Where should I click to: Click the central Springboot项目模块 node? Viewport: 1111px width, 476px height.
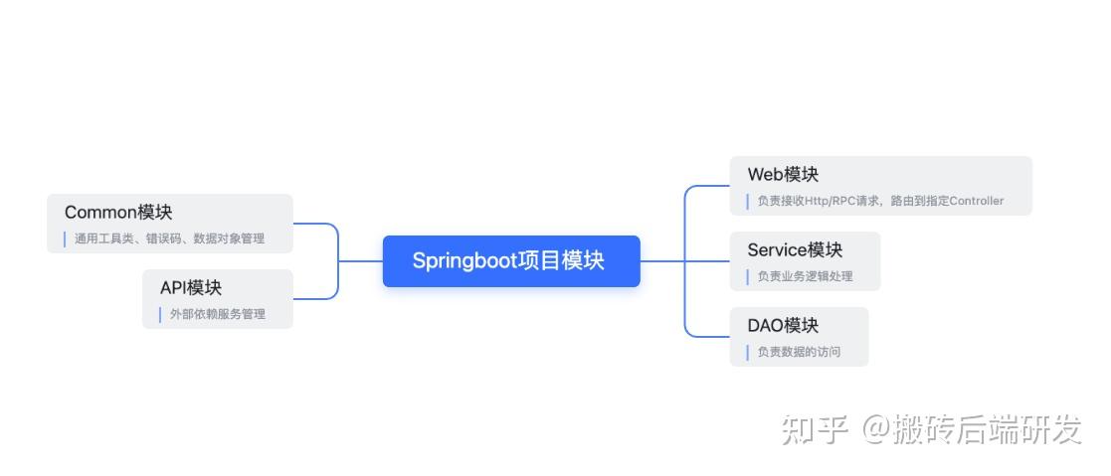[x=510, y=261]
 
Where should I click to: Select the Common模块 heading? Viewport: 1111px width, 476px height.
[x=117, y=212]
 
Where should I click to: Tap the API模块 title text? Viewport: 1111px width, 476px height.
[x=190, y=287]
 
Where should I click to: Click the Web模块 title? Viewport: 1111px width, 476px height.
[x=783, y=174]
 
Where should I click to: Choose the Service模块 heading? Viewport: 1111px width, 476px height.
[x=794, y=249]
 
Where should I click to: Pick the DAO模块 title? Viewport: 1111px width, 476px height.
[x=783, y=325]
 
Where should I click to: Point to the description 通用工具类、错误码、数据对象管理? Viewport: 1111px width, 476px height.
[x=169, y=238]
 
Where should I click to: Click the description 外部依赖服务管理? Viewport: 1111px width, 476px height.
[x=217, y=314]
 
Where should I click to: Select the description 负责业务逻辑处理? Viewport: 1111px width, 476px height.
[x=805, y=276]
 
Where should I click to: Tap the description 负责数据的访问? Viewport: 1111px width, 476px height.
[x=799, y=352]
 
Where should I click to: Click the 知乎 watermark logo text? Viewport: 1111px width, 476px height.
[x=814, y=429]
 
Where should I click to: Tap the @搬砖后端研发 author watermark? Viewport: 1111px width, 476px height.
[x=971, y=429]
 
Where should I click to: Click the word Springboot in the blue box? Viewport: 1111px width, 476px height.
[x=464, y=261]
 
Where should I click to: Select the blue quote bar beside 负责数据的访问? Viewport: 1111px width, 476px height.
[x=747, y=352]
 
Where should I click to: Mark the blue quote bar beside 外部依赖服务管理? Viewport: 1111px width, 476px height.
[x=160, y=314]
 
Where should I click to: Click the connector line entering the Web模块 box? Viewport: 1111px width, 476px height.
[x=708, y=186]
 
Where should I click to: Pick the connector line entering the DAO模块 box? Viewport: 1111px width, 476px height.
[x=708, y=337]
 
